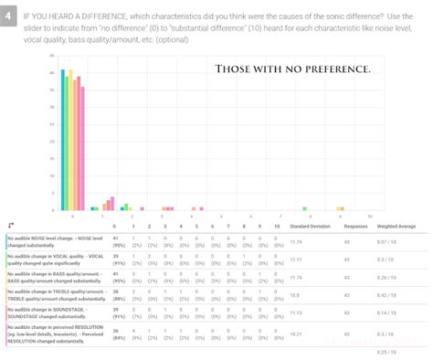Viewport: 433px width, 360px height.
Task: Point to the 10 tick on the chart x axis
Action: pyautogui.click(x=369, y=216)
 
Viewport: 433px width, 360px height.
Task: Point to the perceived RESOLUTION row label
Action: pyautogui.click(x=52, y=334)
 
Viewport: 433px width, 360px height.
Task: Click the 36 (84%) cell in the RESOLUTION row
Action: pyautogui.click(x=117, y=334)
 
